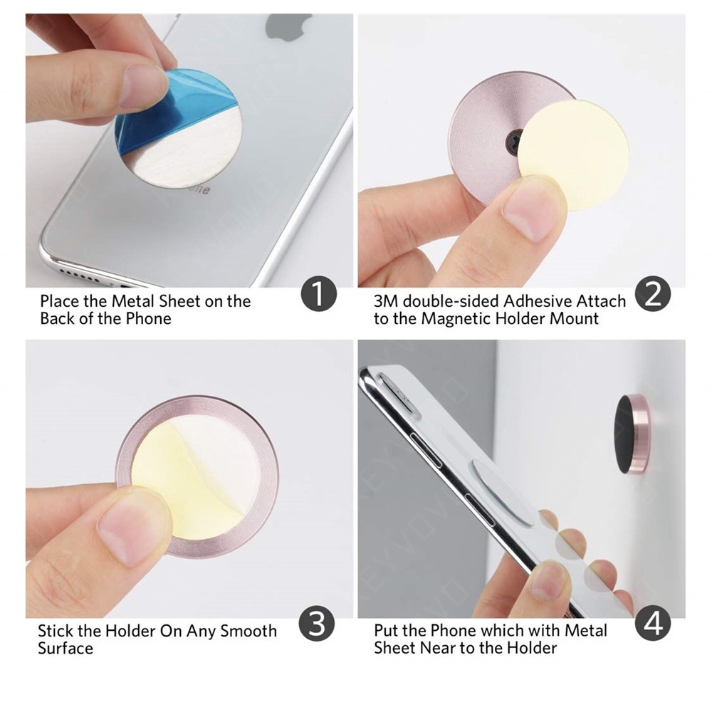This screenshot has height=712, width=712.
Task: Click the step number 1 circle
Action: pyautogui.click(x=319, y=294)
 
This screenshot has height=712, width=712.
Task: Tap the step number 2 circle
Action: pyautogui.click(x=653, y=294)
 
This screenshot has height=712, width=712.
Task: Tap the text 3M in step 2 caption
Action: pyautogui.click(x=386, y=301)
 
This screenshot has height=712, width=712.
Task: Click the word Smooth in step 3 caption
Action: pyautogui.click(x=248, y=631)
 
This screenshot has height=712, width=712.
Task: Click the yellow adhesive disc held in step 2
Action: pyautogui.click(x=573, y=155)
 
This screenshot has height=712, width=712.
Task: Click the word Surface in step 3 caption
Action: pyautogui.click(x=66, y=648)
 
